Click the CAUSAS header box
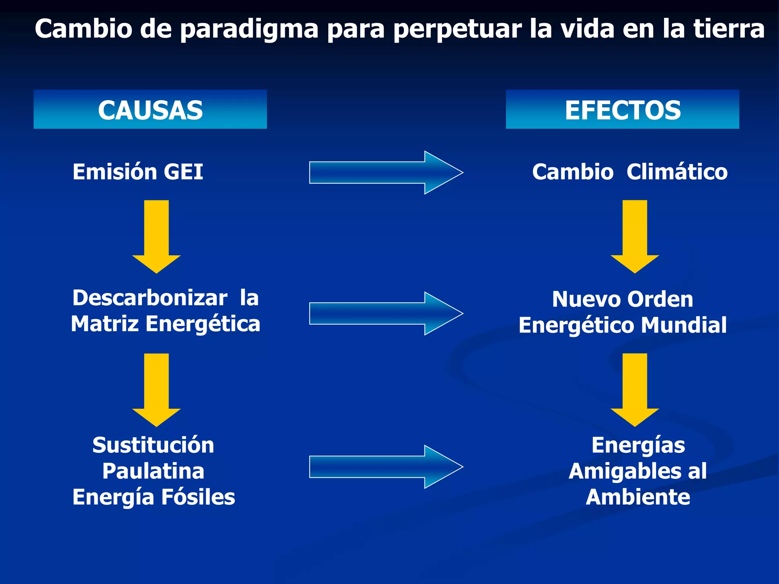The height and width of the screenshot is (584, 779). point(150,109)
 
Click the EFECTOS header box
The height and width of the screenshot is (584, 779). point(622,109)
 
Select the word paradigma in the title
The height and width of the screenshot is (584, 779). point(249,29)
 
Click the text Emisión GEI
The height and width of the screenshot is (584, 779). point(138,172)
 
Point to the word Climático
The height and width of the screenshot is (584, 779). point(677,172)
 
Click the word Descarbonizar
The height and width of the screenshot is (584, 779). point(150,298)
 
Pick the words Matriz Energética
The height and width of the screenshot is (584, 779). point(165,324)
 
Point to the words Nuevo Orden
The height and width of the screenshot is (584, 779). point(622,299)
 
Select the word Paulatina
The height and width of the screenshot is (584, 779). point(153,471)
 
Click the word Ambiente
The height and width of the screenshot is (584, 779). point(638,497)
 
